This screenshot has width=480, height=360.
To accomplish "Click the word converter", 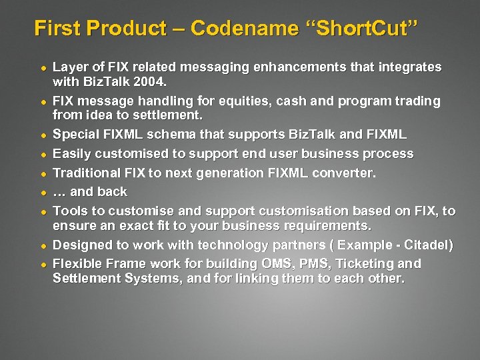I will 343,173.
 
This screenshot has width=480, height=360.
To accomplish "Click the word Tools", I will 69,211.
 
